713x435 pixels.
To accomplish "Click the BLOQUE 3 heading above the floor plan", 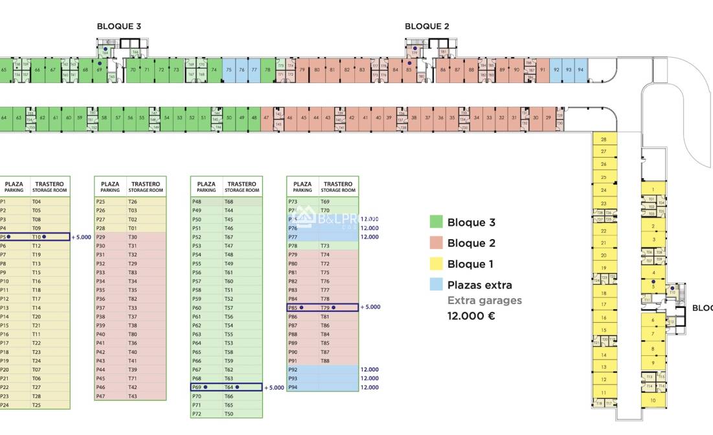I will click(x=119, y=27).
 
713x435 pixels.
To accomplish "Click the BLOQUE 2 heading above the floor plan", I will click(x=427, y=27).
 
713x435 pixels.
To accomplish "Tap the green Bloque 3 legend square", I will click(x=436, y=222).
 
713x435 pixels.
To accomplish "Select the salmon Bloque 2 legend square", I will click(x=436, y=243).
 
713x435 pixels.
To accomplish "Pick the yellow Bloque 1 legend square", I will click(x=436, y=264).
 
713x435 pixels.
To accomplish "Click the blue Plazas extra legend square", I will click(x=436, y=285).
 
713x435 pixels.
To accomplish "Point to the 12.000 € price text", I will click(x=471, y=316).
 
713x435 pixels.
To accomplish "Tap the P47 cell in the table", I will click(x=100, y=396).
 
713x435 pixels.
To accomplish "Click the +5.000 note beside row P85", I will click(x=370, y=307).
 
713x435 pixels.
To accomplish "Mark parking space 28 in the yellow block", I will click(x=604, y=139).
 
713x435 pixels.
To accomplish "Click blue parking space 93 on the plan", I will click(x=569, y=70).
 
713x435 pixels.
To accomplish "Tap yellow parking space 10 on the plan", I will click(x=653, y=401).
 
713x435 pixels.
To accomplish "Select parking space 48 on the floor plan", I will click(x=254, y=118).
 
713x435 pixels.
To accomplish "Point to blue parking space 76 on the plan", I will click(x=241, y=70).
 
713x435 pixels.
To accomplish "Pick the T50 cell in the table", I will click(x=229, y=414).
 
